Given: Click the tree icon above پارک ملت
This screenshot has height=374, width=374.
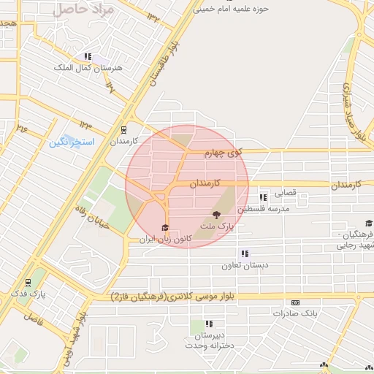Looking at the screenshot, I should coord(215,215).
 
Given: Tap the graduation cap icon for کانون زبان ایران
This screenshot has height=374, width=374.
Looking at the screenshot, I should coord(164,227).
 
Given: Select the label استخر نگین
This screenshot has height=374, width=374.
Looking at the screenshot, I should coord(72,141).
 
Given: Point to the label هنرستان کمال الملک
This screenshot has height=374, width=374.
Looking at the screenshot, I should coord(81,67).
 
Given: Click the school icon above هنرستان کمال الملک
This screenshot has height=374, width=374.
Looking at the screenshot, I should coord(88,56).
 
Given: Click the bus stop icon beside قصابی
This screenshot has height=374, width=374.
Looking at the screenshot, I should coord(263,196).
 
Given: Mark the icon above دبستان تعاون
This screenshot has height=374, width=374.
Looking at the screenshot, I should coord(243,253).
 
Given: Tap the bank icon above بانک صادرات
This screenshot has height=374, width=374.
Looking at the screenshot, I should coord(295,302).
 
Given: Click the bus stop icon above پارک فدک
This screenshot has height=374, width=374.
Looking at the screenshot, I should coord(28,282).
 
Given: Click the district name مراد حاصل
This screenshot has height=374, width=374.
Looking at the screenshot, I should coord(85,10).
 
